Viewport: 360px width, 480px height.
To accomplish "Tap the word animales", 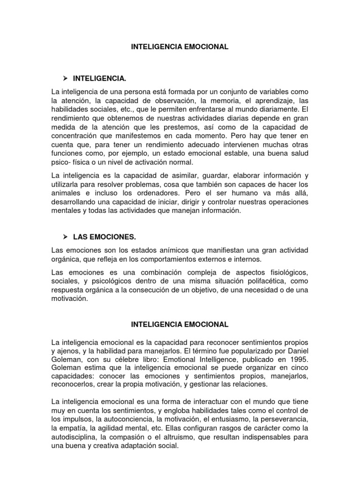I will [x=66, y=193].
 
